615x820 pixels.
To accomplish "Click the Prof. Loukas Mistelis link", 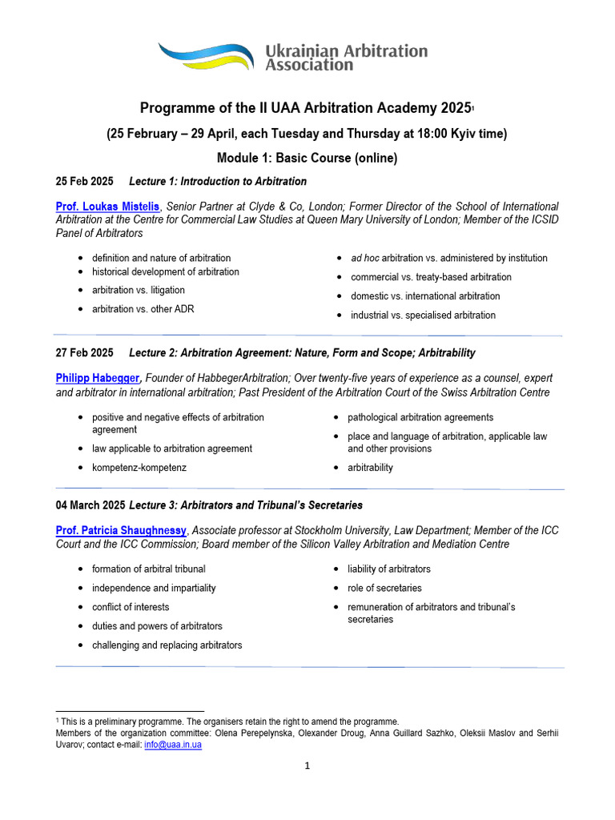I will point(108,207).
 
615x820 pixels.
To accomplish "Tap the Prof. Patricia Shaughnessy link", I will point(121,531).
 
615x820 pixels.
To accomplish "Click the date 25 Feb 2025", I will point(84,181).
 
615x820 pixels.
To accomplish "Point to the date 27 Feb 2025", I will point(84,352).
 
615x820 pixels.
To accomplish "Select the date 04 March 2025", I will point(90,505).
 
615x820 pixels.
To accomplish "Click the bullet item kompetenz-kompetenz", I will point(139,468).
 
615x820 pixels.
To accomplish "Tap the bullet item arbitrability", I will point(370,468).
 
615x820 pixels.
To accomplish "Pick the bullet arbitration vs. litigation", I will point(138,290).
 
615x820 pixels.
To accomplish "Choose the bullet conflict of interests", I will point(131,607).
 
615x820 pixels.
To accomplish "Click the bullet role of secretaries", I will point(384,588).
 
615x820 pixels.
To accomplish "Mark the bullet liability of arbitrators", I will point(388,569).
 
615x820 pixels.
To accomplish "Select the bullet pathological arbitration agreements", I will point(420,417).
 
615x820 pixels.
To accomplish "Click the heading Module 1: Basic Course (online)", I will point(307,158).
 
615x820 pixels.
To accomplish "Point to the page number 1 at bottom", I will point(307,766).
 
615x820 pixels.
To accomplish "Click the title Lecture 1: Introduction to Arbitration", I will point(218,181).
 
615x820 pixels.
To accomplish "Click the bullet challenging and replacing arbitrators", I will point(167,645).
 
